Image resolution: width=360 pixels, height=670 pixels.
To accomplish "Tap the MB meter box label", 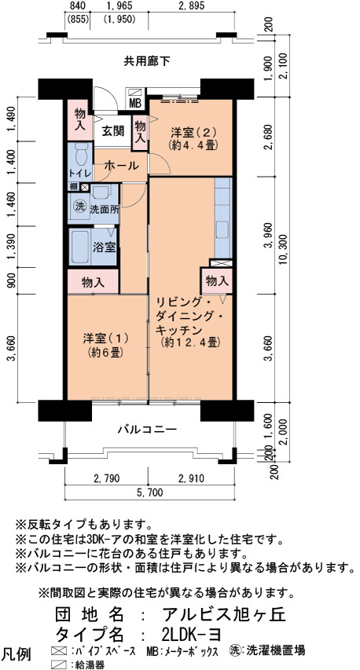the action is tap(135, 104).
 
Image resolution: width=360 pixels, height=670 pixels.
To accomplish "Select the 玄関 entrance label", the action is tap(112, 130).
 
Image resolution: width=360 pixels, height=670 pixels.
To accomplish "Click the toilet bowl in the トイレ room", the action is tap(81, 154).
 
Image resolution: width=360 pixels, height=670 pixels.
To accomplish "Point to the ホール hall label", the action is tap(121, 165).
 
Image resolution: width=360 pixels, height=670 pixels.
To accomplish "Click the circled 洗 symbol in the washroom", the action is tap(79, 207).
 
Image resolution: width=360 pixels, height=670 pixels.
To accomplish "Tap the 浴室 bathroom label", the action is tap(105, 248).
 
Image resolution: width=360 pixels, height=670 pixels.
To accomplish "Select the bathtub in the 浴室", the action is tap(80, 247).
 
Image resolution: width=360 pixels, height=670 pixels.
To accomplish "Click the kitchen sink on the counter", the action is tap(223, 230).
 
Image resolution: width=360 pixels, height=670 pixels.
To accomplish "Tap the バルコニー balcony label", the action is tap(148, 429).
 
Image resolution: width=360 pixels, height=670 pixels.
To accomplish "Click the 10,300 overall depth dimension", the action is tap(285, 250).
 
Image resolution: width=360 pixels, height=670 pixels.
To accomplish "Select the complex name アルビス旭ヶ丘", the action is tap(223, 614).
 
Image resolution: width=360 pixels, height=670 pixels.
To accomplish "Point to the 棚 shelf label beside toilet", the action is tap(74, 187).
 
